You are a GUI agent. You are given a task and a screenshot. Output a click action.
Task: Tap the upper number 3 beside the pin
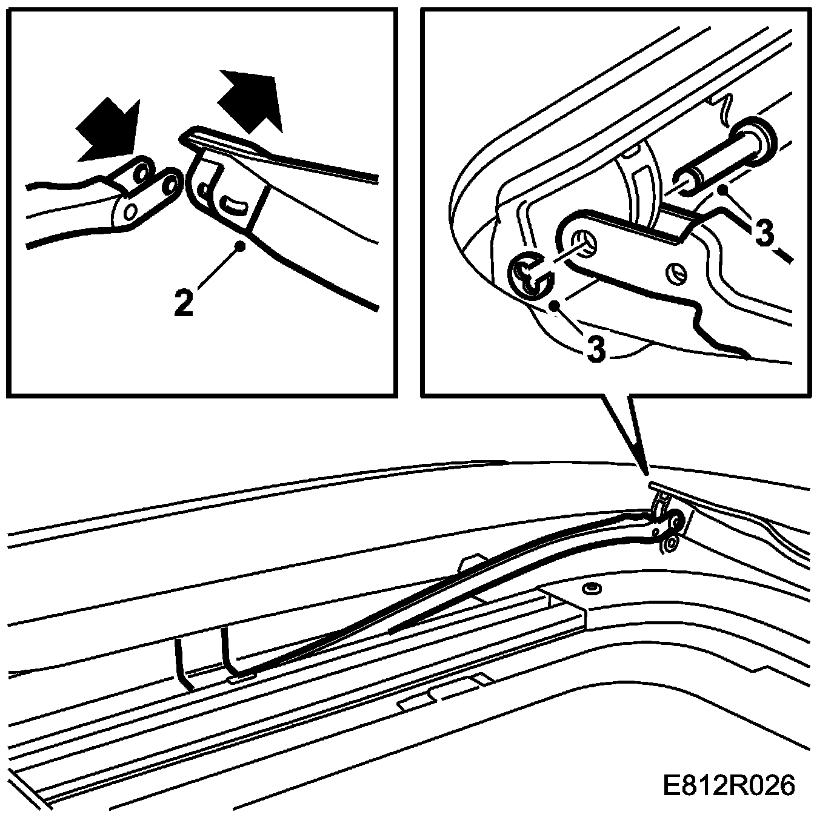pyautogui.click(x=765, y=233)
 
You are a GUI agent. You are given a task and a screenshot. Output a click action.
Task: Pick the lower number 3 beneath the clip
pyautogui.click(x=596, y=349)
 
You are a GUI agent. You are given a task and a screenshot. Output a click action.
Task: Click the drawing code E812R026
pyautogui.click(x=728, y=786)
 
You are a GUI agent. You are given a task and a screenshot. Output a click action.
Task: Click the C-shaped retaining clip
pyautogui.click(x=531, y=277)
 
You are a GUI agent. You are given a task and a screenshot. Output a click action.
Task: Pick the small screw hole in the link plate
pyautogui.click(x=678, y=274)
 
